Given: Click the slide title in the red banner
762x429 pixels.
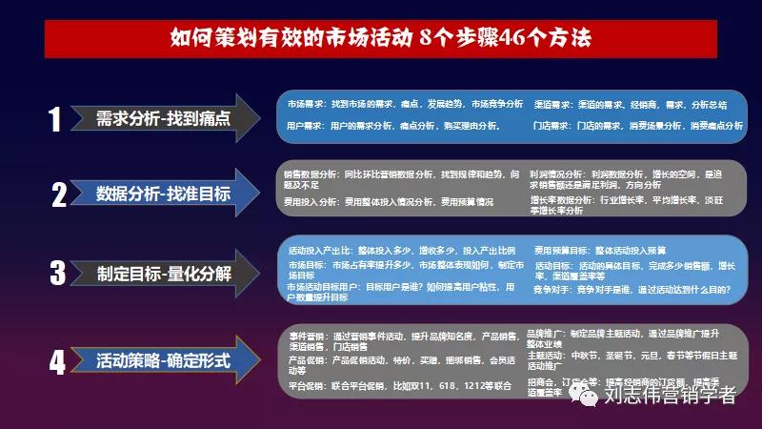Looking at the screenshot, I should (380, 39).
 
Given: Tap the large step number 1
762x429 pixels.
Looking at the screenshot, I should (55, 118).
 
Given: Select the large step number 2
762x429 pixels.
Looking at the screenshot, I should (58, 195).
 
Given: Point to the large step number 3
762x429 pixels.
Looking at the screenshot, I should (57, 273).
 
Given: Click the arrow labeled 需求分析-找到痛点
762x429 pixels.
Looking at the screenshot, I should (175, 118).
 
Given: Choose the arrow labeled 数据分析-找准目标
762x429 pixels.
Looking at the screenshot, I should (175, 194).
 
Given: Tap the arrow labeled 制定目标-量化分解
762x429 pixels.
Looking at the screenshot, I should (175, 273).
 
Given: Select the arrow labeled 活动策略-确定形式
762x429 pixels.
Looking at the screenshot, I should (175, 361).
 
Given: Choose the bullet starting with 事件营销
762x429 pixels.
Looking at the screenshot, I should (400, 341).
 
